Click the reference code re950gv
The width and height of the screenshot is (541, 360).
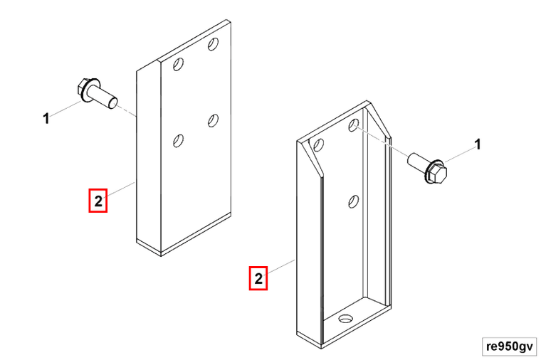click(x=509, y=346)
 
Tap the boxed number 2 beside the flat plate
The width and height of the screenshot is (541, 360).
click(x=98, y=201)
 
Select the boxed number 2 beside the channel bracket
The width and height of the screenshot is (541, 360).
click(x=258, y=278)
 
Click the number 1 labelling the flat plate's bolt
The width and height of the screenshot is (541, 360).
click(x=46, y=119)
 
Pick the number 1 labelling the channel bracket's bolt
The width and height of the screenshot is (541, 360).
click(x=478, y=144)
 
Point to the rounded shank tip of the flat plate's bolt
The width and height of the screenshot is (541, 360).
click(x=113, y=103)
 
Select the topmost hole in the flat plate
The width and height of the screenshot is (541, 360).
click(x=213, y=44)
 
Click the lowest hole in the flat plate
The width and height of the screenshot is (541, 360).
click(x=178, y=141)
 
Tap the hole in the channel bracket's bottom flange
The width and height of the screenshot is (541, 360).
click(x=345, y=319)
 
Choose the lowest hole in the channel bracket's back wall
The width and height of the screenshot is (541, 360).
click(x=353, y=201)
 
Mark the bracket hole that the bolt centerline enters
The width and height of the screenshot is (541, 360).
click(x=353, y=125)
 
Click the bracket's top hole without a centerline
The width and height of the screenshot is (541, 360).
click(x=318, y=145)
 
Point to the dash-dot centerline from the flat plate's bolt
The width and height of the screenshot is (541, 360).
click(x=127, y=111)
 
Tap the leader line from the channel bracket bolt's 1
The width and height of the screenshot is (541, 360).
click(x=459, y=154)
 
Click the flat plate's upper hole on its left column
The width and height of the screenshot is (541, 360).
click(x=178, y=64)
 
